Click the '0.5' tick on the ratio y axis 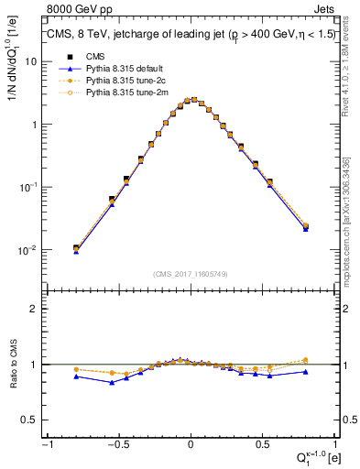click(31, 420)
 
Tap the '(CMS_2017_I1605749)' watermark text click(191, 274)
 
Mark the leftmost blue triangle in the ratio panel click(76, 376)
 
